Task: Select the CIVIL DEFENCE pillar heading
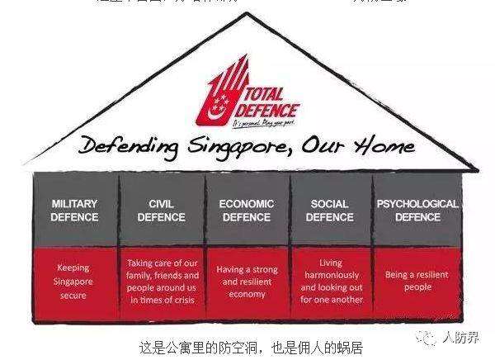[x=161, y=211]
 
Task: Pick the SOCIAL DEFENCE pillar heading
[x=330, y=211]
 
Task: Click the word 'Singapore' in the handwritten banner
[x=231, y=149]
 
